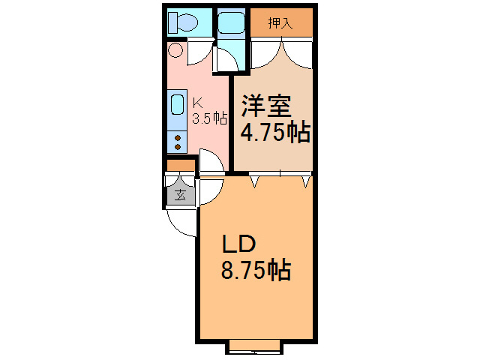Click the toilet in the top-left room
pyautogui.click(x=183, y=22)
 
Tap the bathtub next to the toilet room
pyautogui.click(x=231, y=22)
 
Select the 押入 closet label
pyautogui.click(x=280, y=23)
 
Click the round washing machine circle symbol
pyautogui.click(x=175, y=50)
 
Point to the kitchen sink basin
pyautogui.click(x=177, y=104)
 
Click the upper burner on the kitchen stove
pyautogui.click(x=178, y=138)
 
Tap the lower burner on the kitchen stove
pyautogui.click(x=178, y=147)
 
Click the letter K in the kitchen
pyautogui.click(x=198, y=103)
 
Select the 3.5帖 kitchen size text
pyautogui.click(x=210, y=118)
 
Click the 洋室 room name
pyautogui.click(x=266, y=106)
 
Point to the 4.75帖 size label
pyautogui.click(x=275, y=132)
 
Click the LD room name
pyautogui.click(x=238, y=244)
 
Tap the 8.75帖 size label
pyautogui.click(x=256, y=270)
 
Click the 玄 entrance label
pyautogui.click(x=181, y=195)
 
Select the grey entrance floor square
pyautogui.click(x=181, y=195)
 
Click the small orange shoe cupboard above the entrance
pyautogui.click(x=181, y=166)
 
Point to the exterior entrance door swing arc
pyautogui.click(x=179, y=226)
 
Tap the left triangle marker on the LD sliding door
pyautogui.click(x=254, y=181)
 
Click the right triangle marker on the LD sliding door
pyautogui.click(x=306, y=181)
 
